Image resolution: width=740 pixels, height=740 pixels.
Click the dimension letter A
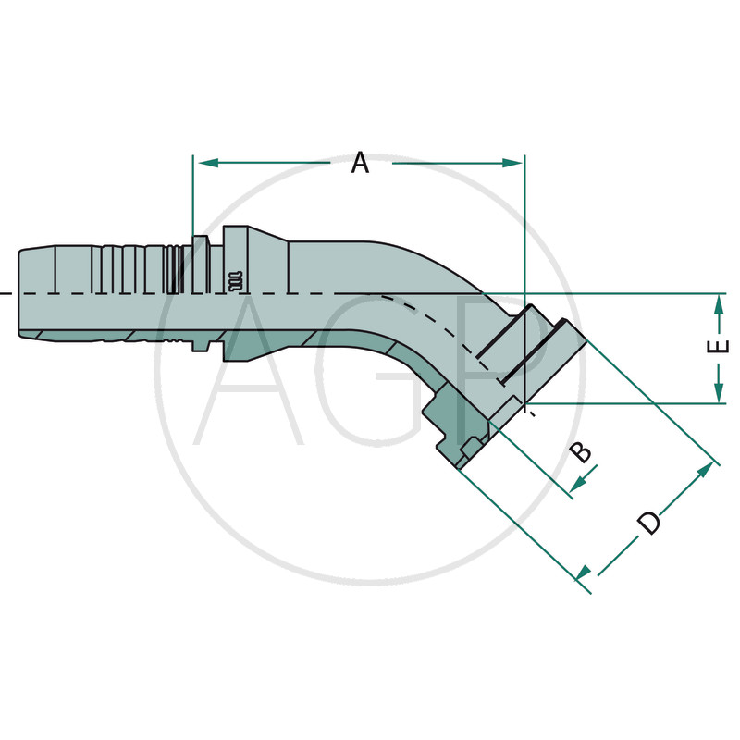pos(360,163)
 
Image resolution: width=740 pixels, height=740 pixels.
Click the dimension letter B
pos(581,451)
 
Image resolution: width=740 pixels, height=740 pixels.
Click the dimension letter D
pos(649,523)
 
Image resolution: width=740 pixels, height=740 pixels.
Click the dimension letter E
pos(718,346)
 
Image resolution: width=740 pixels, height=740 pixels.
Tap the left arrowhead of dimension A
pos(208,164)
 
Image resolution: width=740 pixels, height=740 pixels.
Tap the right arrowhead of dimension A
pos(512,164)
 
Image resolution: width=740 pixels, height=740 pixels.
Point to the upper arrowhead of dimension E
pos(719,305)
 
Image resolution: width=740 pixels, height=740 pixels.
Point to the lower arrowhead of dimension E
pos(719,392)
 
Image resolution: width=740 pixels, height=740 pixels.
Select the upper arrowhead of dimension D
pos(705,470)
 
